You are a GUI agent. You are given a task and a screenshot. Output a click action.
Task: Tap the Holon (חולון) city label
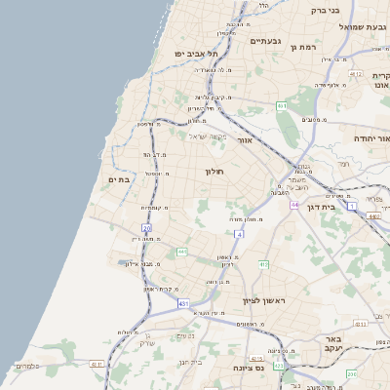(x=214, y=172)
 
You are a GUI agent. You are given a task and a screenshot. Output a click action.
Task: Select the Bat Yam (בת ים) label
(x=120, y=178)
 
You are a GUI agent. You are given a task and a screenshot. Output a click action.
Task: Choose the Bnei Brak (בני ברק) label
(x=325, y=10)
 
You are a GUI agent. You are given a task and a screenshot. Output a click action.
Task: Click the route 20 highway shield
(x=146, y=228)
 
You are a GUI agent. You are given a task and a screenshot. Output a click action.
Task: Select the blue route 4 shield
(x=238, y=234)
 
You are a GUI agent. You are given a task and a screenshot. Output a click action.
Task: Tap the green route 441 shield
(x=181, y=252)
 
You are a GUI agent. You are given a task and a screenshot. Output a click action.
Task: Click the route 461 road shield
(x=281, y=104)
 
